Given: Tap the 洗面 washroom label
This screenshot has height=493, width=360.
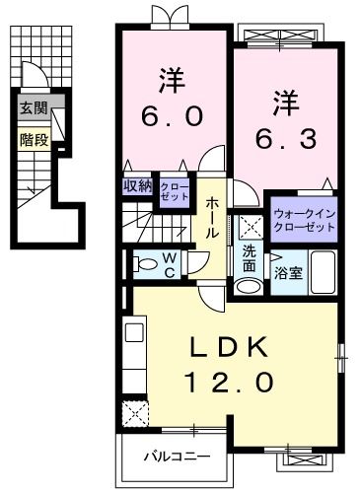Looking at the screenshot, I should (x=251, y=258).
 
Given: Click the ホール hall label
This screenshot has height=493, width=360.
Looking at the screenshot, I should (x=213, y=218).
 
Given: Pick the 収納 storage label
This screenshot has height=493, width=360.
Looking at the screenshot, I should (x=137, y=186).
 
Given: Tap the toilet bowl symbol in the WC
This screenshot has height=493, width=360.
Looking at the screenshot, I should (x=145, y=263).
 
